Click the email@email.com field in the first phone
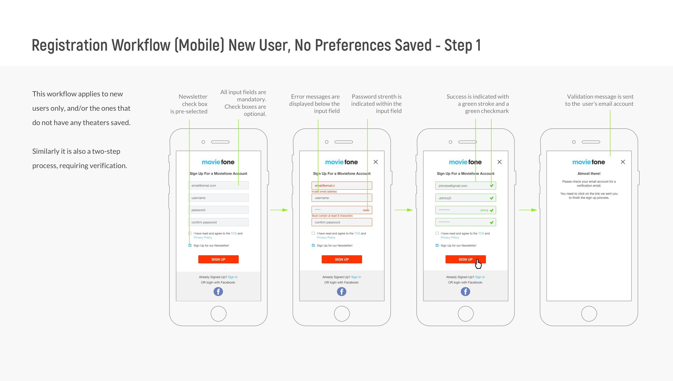click(219, 186)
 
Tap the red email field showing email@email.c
click(342, 186)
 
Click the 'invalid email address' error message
click(324, 192)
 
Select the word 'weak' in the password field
click(366, 210)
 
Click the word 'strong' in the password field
click(484, 210)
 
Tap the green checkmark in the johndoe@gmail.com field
click(492, 186)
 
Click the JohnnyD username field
click(465, 198)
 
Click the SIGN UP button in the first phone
click(219, 259)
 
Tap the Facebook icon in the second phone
click(341, 292)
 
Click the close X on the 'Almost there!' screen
click(623, 162)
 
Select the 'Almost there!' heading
click(589, 173)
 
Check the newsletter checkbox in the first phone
click(190, 245)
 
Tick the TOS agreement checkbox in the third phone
click(437, 233)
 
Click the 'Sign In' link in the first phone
click(233, 277)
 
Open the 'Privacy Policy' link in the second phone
click(326, 237)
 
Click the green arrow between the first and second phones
click(279, 210)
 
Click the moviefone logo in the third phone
click(465, 162)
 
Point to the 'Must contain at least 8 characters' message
click(332, 216)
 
